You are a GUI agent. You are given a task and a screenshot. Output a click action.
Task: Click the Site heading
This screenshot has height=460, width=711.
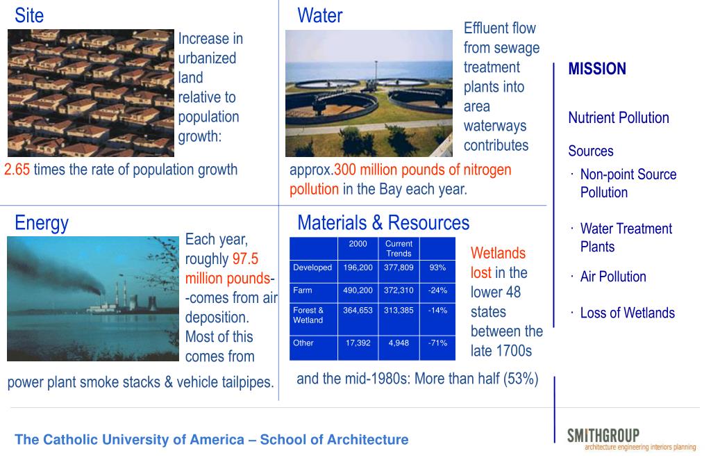(29, 15)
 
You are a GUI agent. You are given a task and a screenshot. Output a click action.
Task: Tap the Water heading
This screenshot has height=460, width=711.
(319, 15)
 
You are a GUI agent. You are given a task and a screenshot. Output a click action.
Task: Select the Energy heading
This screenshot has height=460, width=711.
(42, 223)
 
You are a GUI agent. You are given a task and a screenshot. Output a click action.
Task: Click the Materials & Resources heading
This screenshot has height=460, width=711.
(383, 223)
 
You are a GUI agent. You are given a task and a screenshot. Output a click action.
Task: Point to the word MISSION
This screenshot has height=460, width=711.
(596, 69)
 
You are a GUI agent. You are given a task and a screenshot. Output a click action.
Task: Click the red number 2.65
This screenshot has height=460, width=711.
(17, 170)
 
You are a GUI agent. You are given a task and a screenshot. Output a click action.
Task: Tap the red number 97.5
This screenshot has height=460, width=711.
(245, 258)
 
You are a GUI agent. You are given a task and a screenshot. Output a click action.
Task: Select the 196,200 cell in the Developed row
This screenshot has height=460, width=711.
(358, 268)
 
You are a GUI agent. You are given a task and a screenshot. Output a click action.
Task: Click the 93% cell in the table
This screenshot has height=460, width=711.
(437, 268)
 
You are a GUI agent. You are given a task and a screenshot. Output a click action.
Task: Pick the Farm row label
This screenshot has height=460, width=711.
(303, 290)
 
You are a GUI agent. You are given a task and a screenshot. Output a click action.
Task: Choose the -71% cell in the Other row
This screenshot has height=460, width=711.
(437, 343)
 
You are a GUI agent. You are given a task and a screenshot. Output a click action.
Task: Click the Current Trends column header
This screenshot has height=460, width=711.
(399, 249)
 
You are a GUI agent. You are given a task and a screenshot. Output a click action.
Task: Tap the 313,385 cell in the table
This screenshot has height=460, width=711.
(399, 311)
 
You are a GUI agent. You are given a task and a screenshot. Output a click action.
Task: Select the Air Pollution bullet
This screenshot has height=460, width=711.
(613, 277)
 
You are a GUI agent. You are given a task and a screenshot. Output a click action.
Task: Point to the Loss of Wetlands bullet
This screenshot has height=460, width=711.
(628, 313)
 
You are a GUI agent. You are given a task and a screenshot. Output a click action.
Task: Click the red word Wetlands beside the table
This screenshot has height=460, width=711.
(498, 253)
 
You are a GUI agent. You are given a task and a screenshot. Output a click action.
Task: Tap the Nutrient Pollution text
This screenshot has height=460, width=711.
(619, 118)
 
